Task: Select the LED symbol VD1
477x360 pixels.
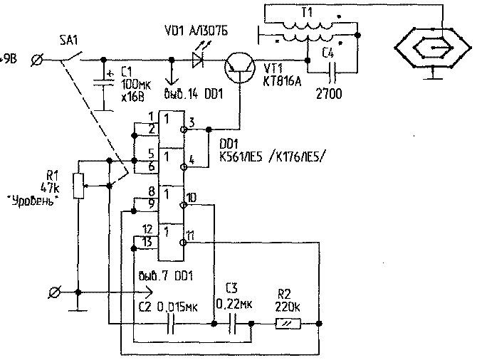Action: click(x=199, y=61)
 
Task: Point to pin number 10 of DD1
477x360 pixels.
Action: click(x=192, y=196)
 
